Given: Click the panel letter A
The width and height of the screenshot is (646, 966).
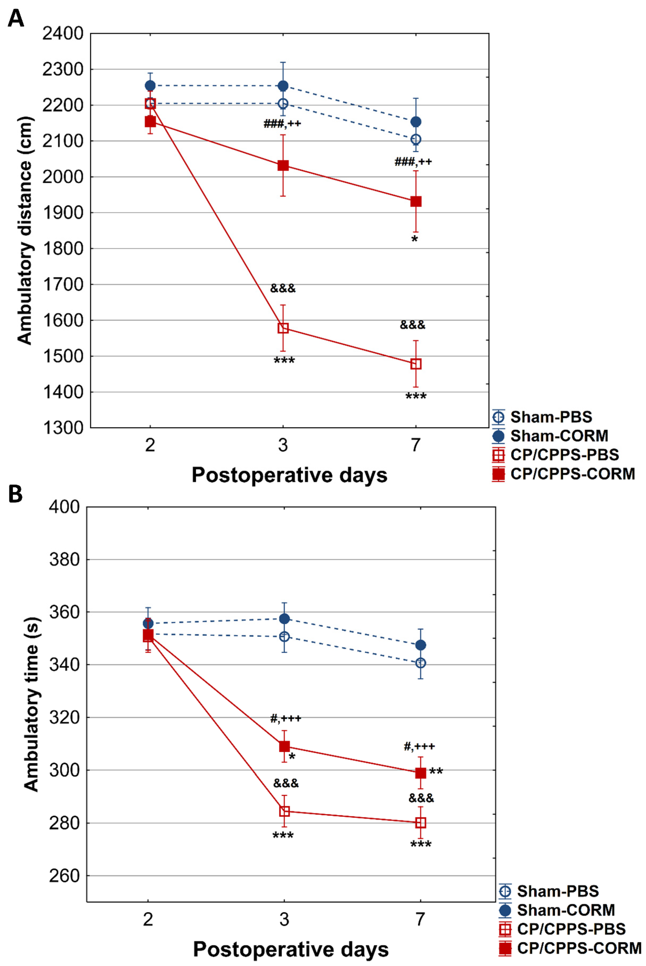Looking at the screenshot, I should pos(16,19).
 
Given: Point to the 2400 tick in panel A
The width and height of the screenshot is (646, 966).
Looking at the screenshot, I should pos(63,34).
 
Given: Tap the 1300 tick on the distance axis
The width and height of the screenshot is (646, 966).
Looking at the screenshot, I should pos(63,428).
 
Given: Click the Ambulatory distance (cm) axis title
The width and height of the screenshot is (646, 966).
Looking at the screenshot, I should pos(25,231).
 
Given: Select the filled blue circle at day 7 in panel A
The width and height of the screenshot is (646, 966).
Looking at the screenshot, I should pos(416,122).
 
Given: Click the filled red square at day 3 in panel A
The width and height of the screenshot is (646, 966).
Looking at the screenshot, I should pos(283,166).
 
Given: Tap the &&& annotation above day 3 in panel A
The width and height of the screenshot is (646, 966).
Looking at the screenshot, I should pos(283,288).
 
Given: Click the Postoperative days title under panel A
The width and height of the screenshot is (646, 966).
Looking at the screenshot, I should pos(289,475).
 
